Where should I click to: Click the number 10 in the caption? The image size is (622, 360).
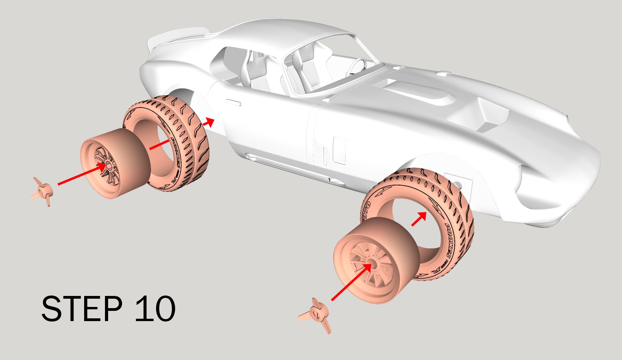point(155,309)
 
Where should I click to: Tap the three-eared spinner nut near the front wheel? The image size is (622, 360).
point(317,314)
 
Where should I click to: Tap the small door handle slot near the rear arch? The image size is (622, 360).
point(232,103)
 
